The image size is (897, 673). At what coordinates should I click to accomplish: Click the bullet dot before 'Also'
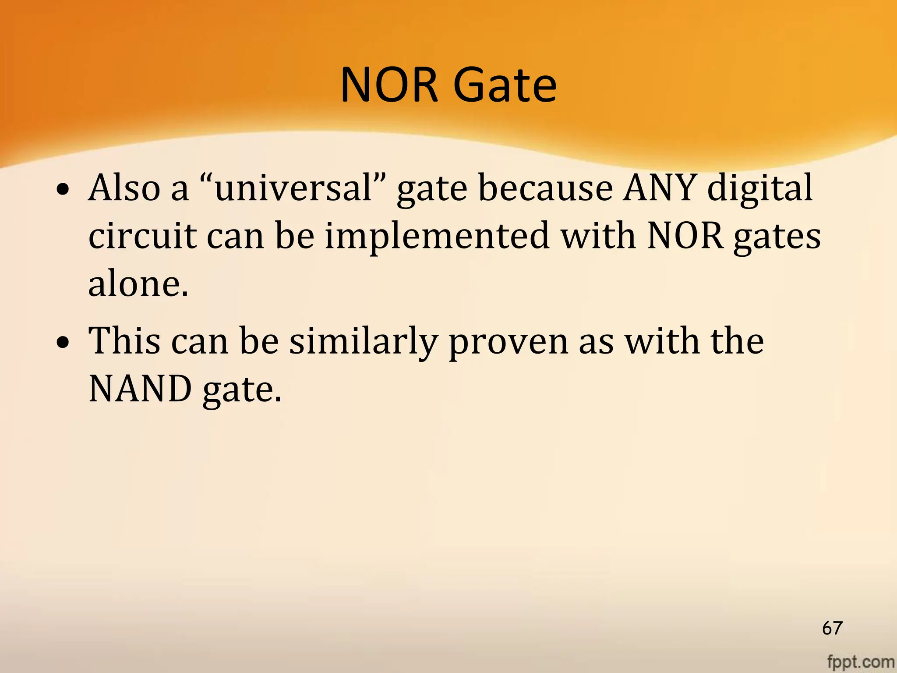pyautogui.click(x=64, y=189)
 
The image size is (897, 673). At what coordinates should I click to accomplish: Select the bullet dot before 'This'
pyautogui.click(x=64, y=342)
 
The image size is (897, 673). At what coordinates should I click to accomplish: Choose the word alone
pyautogui.click(x=138, y=284)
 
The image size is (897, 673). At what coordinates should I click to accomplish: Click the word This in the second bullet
pyautogui.click(x=124, y=341)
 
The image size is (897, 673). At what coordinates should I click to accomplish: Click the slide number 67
pyautogui.click(x=832, y=628)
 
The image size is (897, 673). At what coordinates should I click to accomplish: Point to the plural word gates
pyautogui.click(x=777, y=237)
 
